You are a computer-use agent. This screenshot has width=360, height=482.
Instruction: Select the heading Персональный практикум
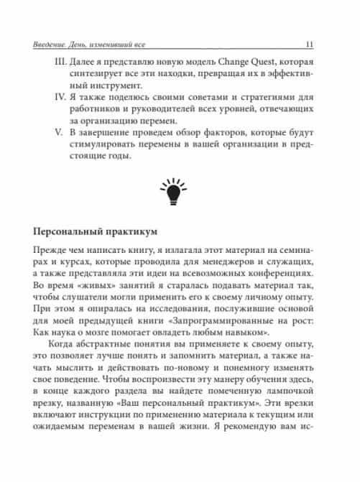click(x=96, y=233)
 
